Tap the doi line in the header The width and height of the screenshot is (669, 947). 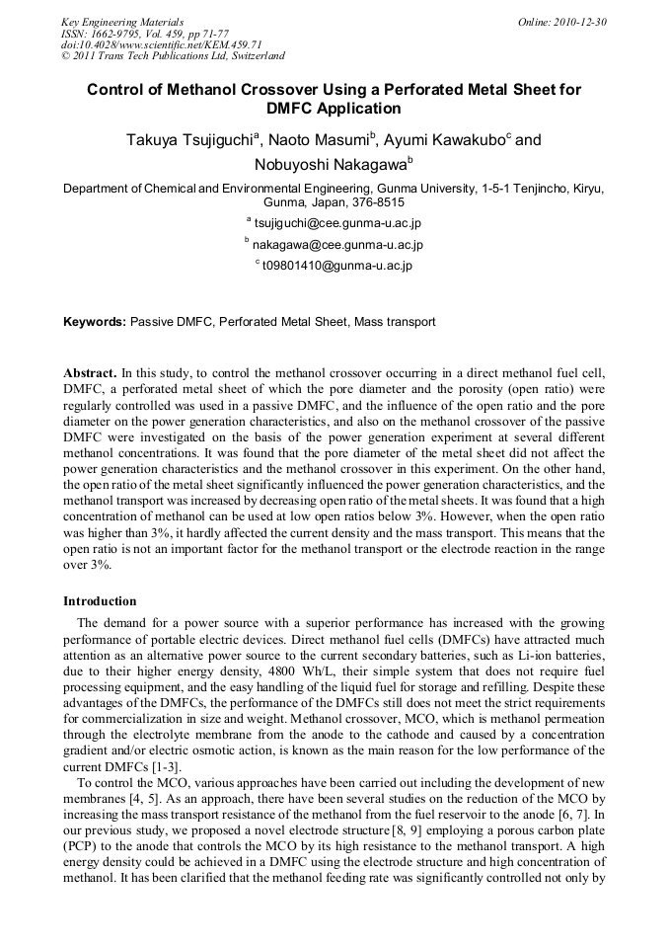click(161, 44)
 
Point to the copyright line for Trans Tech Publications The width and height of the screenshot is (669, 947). click(173, 56)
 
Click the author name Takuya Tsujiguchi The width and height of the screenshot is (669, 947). click(189, 140)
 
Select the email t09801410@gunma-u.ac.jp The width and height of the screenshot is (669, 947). click(336, 266)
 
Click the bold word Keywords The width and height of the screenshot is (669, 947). click(94, 322)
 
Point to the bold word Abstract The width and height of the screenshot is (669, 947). click(90, 373)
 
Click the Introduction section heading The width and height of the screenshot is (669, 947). click(100, 601)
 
